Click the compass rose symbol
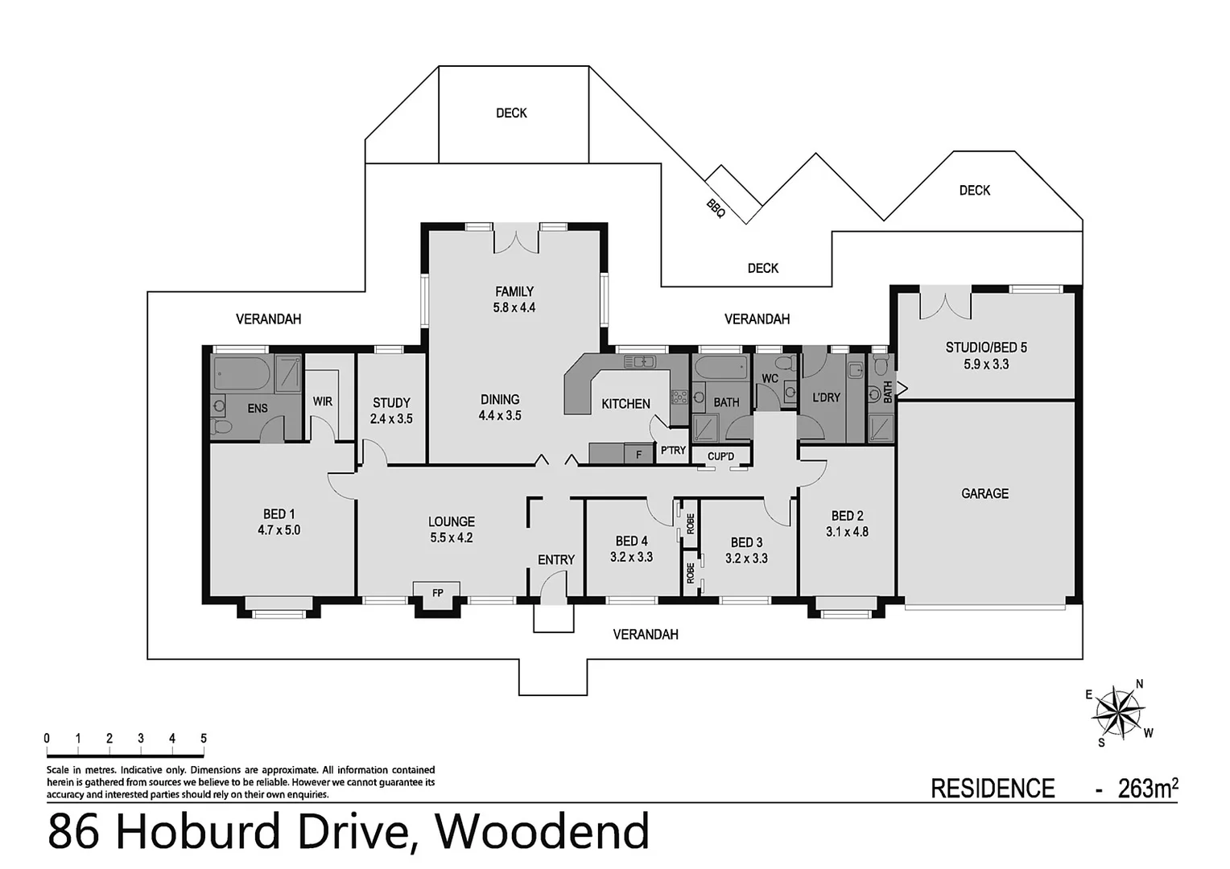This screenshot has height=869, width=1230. point(1117,712)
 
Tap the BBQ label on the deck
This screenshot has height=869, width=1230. point(716,208)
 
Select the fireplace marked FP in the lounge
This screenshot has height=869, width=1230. point(437,593)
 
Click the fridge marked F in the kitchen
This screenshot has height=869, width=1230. point(639,455)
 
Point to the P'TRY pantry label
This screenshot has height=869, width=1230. point(673,451)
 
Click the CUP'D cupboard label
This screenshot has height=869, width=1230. point(720,457)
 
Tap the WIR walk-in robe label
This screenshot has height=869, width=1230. point(322,402)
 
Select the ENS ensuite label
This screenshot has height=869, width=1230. point(257,409)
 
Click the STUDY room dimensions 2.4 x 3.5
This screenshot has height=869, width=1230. point(391,418)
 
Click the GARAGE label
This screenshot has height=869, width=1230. point(984,493)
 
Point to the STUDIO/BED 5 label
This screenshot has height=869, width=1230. point(986,348)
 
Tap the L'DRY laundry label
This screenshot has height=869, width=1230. point(826,397)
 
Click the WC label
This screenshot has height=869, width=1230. point(770,378)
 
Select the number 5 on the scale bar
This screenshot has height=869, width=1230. point(203,739)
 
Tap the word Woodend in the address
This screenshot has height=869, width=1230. point(546,832)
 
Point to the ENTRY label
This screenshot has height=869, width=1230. point(556,560)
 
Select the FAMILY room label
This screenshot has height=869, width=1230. point(514,291)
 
